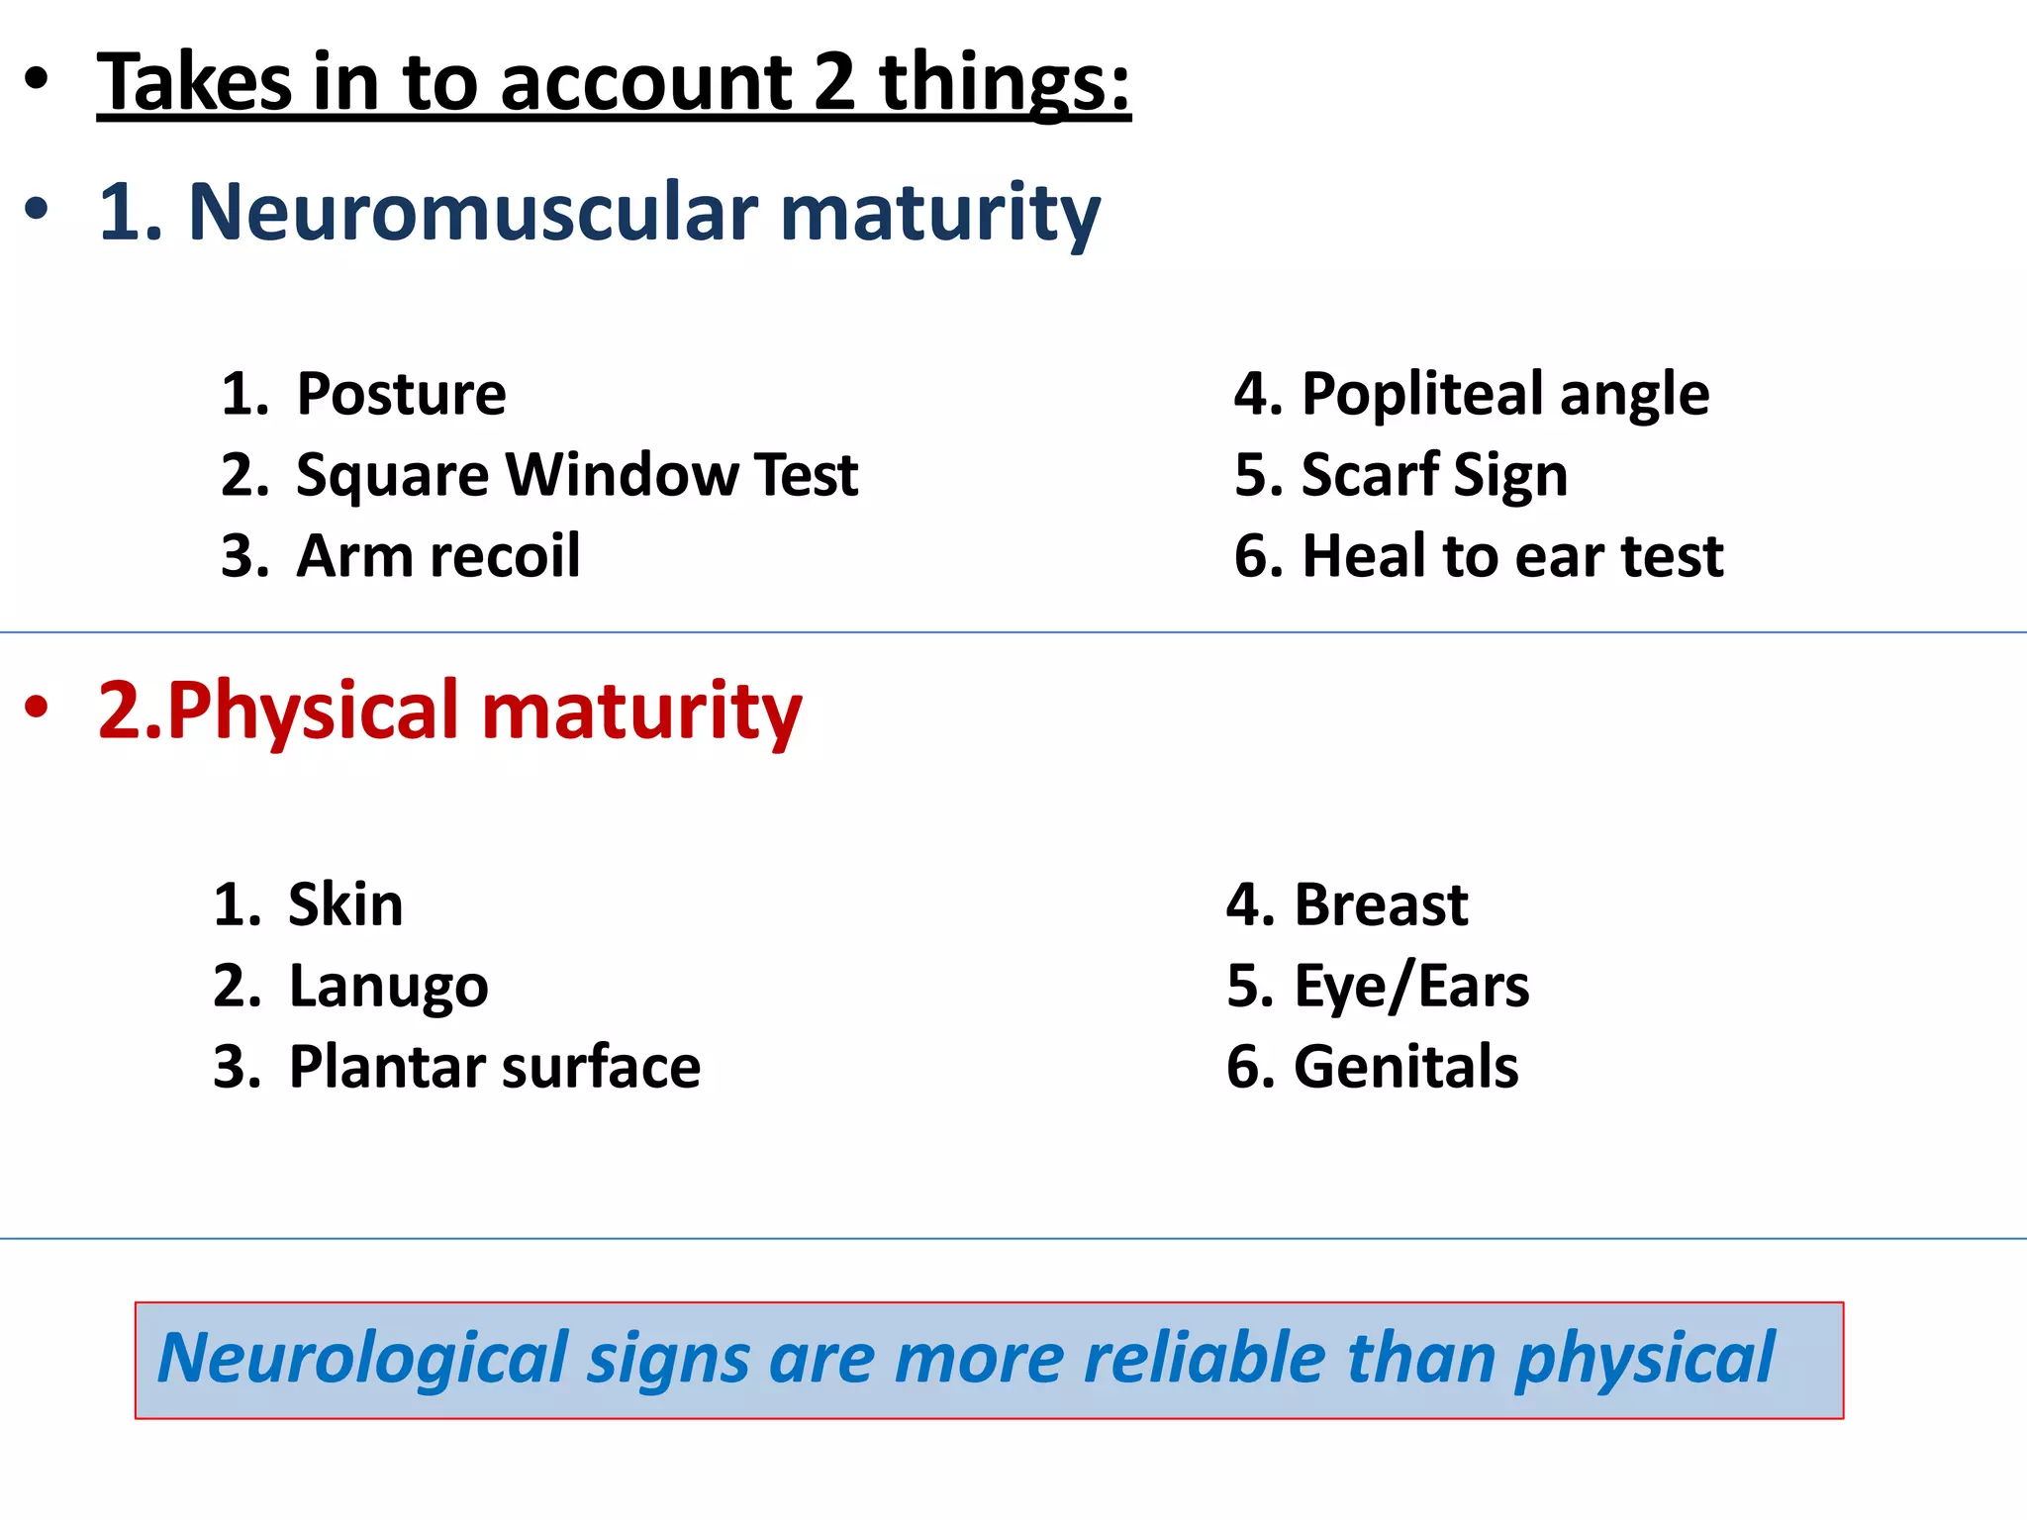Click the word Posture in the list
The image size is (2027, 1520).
click(401, 394)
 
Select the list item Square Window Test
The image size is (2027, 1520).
click(576, 475)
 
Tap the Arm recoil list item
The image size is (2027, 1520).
click(437, 556)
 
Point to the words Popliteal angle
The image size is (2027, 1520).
click(1504, 394)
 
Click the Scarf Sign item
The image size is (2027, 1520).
click(1433, 475)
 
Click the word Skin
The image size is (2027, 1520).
click(345, 904)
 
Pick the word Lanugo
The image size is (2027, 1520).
click(388, 987)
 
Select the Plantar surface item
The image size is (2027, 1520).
click(494, 1068)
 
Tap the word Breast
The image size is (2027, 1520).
click(1381, 904)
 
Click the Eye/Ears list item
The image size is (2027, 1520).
click(1411, 987)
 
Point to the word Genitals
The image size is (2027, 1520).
click(1405, 1068)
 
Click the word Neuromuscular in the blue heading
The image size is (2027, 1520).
click(473, 212)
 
